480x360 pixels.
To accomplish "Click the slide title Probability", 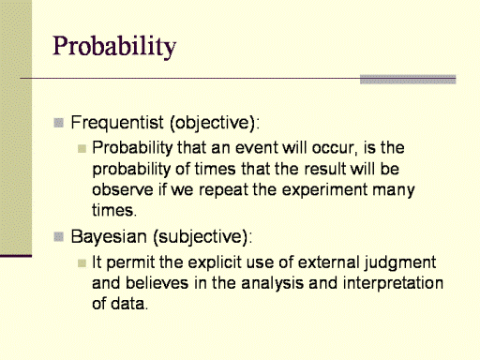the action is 114,47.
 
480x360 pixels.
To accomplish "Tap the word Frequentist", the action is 117,122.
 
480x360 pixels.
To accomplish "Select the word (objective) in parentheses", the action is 215,123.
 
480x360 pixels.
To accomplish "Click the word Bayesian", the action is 109,237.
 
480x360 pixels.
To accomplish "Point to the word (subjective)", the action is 202,237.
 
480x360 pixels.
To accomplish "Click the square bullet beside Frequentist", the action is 58,123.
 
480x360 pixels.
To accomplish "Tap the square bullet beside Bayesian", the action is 58,237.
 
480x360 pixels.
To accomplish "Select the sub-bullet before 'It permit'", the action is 82,263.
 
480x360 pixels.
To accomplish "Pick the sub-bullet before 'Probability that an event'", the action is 82,148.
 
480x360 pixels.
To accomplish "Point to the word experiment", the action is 324,190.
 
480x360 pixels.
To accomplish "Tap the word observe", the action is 123,190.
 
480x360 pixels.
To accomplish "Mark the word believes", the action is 157,283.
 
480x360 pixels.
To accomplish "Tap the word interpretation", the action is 393,284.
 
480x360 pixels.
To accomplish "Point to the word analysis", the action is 272,284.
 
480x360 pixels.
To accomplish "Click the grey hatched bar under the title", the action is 408,80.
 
